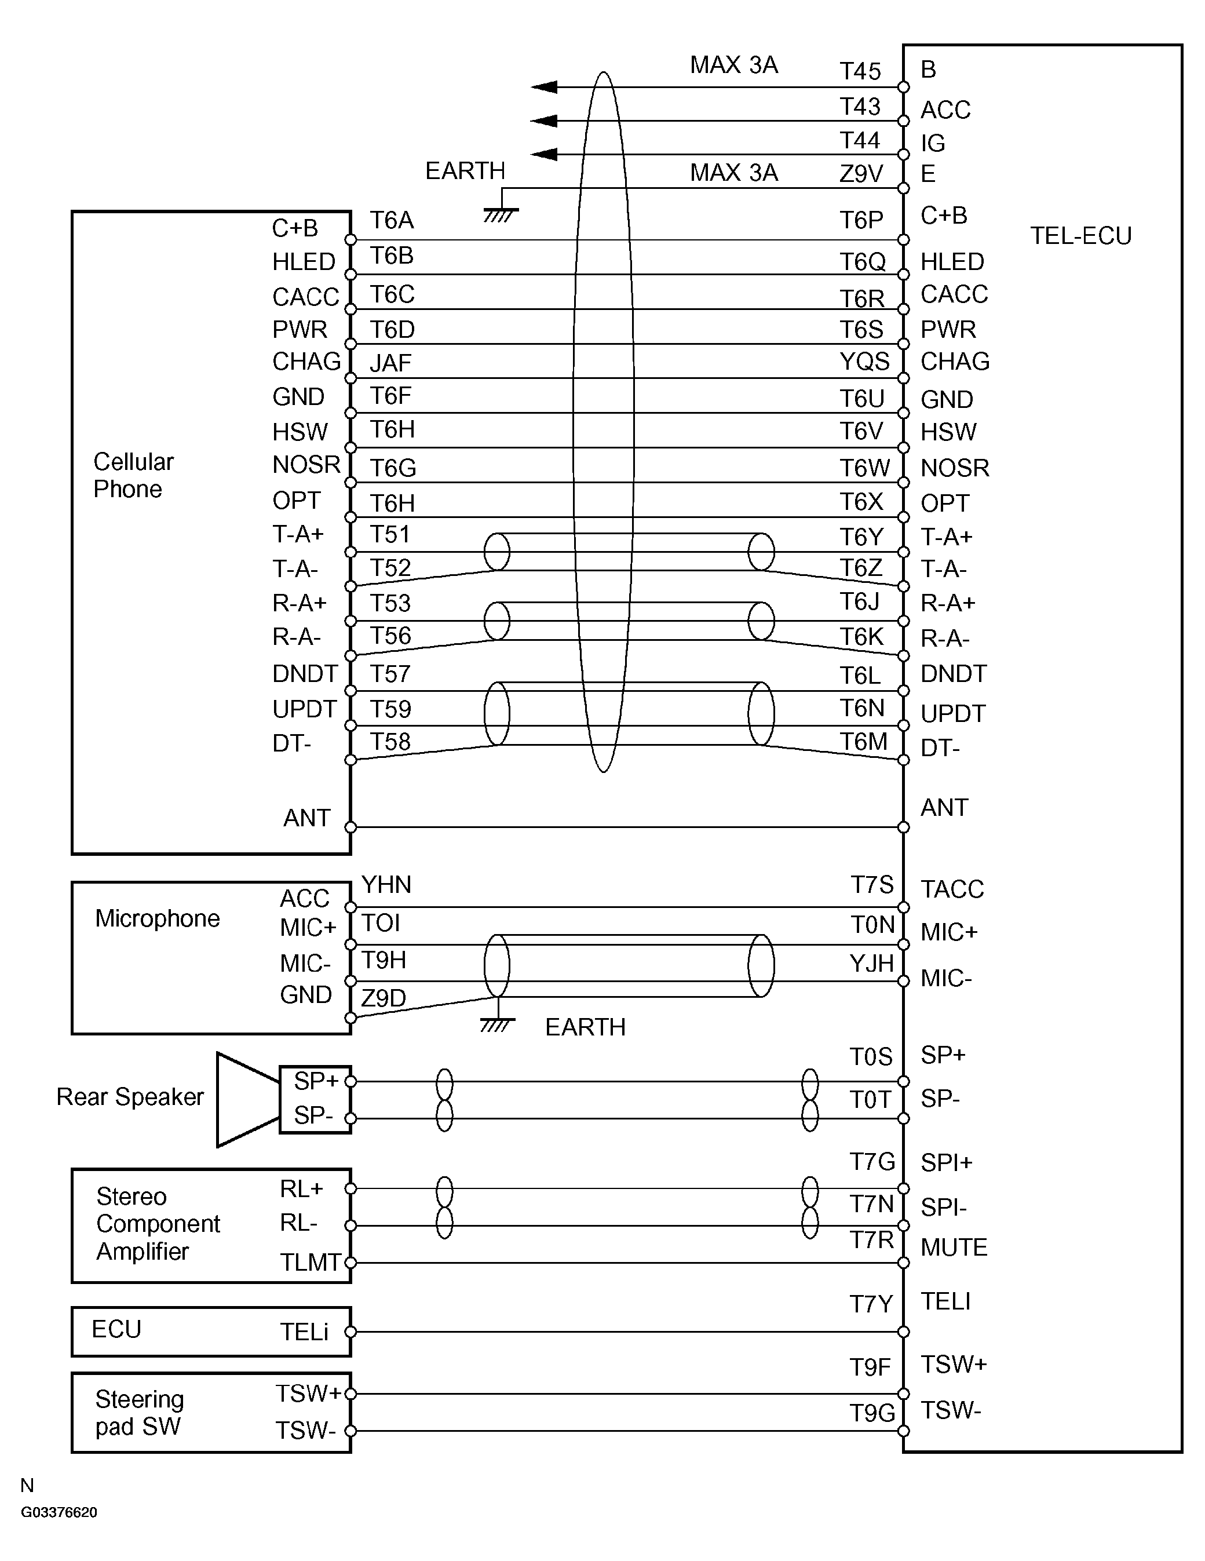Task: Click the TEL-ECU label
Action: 1080,236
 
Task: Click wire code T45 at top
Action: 860,71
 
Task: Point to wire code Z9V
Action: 860,174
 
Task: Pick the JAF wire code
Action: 390,363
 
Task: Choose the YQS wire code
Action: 864,362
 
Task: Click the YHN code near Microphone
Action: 386,885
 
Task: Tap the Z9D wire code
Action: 383,998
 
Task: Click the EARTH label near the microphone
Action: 585,1027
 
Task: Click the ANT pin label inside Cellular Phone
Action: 306,818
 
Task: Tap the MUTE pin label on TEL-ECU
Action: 954,1247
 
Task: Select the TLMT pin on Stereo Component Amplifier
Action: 309,1262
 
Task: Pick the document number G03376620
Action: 59,1512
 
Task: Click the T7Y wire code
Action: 871,1304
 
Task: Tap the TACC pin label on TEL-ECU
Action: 952,889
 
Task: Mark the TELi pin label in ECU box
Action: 304,1332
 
